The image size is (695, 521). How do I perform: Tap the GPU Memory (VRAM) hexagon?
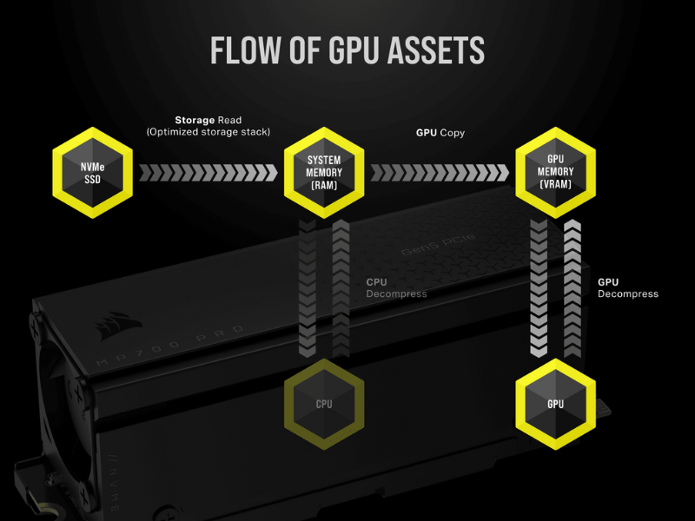(x=555, y=172)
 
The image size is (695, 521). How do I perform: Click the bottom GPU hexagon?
(x=555, y=404)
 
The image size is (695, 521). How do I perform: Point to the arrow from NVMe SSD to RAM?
(x=208, y=172)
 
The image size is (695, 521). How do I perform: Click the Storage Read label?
(x=208, y=120)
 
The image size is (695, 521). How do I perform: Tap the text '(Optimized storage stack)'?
(x=208, y=132)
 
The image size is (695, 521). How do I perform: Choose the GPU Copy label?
(x=440, y=133)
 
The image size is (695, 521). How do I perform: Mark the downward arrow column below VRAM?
(x=539, y=287)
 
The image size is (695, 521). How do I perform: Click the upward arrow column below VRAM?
(x=573, y=287)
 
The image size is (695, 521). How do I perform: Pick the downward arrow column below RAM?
(x=307, y=287)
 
